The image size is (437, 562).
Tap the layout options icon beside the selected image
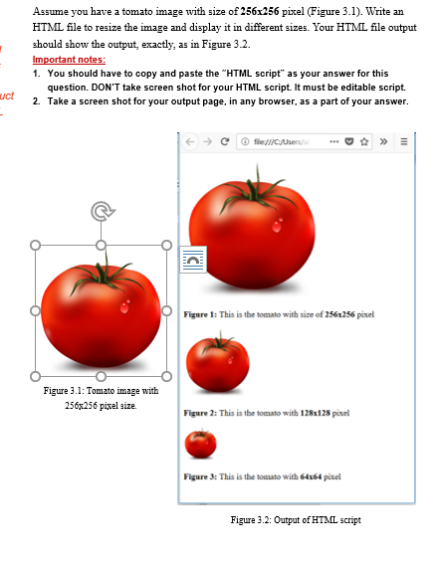[193, 259]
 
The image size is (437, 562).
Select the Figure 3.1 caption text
[101, 397]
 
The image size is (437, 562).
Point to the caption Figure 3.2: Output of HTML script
[296, 520]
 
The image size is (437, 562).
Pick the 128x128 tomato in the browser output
[218, 362]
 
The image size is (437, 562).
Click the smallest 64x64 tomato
[200, 443]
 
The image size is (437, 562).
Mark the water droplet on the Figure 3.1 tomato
[124, 305]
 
